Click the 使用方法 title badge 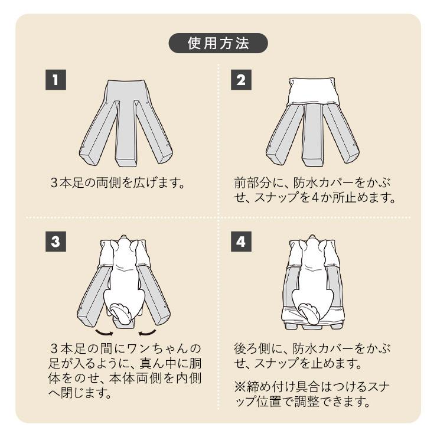coord(218,44)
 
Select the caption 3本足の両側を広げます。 coord(118,182)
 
